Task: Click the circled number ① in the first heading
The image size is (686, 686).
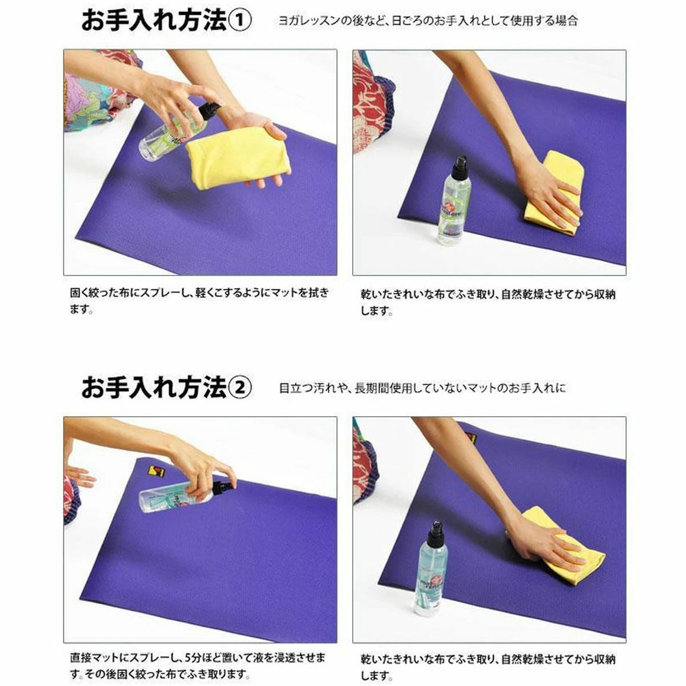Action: (x=239, y=21)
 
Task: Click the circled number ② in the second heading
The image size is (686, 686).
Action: (x=239, y=388)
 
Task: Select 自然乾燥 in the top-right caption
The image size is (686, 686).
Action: (x=523, y=294)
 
